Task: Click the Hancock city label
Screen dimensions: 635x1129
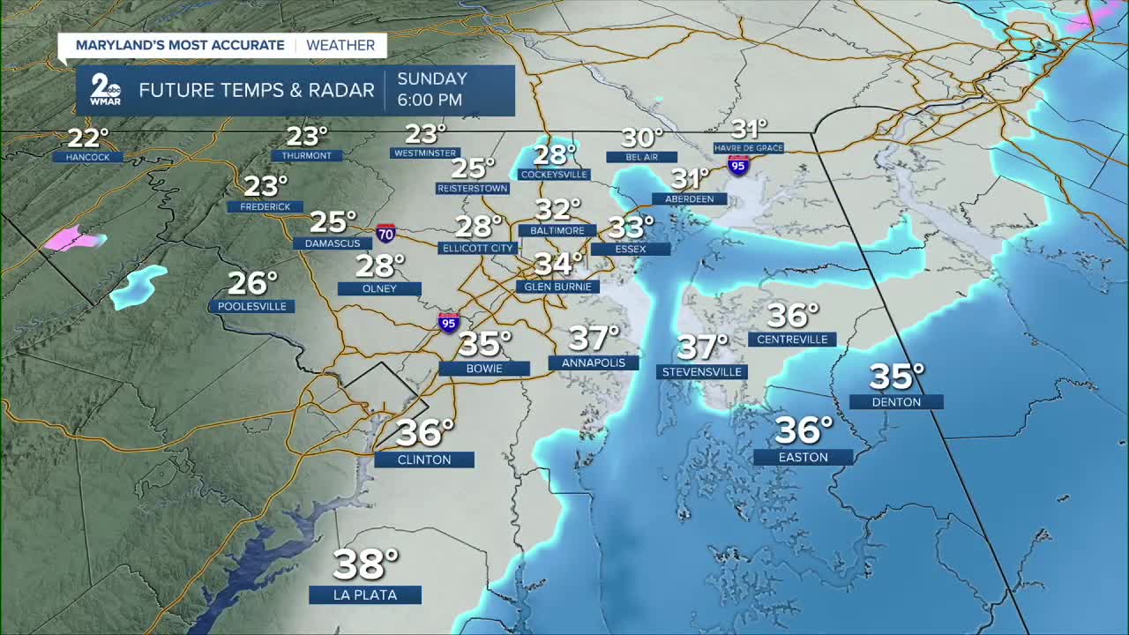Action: [x=87, y=157]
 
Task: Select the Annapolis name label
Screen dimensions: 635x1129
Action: [x=594, y=362]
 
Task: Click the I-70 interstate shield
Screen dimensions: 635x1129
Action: [x=385, y=234]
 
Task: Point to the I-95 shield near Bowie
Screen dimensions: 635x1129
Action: [x=449, y=323]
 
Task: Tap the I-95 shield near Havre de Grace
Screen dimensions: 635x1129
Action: [x=738, y=165]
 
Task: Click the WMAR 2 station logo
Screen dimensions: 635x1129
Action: [x=106, y=91]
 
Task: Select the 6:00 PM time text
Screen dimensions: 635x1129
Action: [x=430, y=101]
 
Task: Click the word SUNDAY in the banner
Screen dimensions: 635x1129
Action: [x=431, y=78]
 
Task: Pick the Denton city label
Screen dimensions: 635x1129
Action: [x=896, y=402]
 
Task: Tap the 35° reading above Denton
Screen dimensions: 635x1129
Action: [x=896, y=377]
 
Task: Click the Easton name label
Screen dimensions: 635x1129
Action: [x=804, y=457]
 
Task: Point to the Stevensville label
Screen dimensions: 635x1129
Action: [x=702, y=372]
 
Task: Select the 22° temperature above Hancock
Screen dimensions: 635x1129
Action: [x=88, y=138]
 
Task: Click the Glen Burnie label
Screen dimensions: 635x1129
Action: [x=557, y=287]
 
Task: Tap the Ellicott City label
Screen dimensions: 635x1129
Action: [x=477, y=248]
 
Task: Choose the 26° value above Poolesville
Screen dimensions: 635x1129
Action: [x=253, y=283]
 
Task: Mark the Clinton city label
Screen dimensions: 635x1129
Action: [x=424, y=459]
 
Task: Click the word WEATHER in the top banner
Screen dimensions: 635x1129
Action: [x=340, y=45]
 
